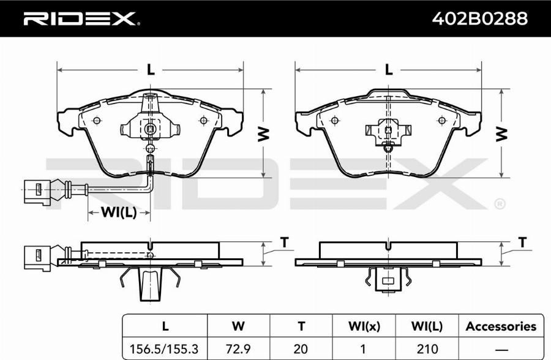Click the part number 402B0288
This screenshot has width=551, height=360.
point(479,18)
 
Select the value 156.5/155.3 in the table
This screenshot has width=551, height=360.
point(164,349)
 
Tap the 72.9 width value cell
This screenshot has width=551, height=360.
point(238,349)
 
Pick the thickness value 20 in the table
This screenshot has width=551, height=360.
point(301,349)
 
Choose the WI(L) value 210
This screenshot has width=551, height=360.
point(427,349)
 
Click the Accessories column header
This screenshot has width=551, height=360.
point(501,326)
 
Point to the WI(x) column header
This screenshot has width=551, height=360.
point(364,326)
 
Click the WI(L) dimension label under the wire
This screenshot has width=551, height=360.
point(118,212)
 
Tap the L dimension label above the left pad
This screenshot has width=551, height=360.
point(151,70)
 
